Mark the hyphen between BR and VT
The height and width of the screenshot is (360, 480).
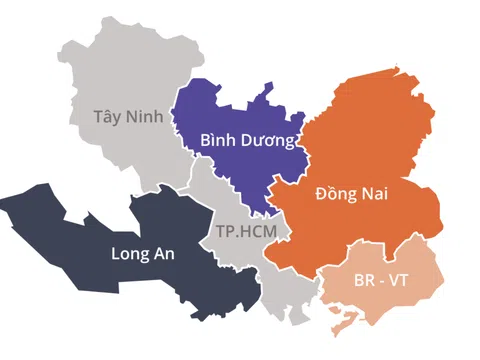(x=383, y=281)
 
